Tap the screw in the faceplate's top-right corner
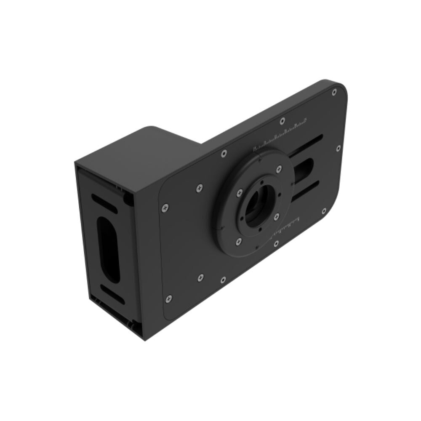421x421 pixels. pyautogui.click(x=334, y=92)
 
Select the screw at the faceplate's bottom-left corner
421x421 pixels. pyautogui.click(x=169, y=298)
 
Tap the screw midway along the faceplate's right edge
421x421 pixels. pyautogui.click(x=338, y=148)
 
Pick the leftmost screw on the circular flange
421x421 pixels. pyautogui.click(x=239, y=192)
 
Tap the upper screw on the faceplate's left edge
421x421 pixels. pyautogui.click(x=165, y=207)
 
